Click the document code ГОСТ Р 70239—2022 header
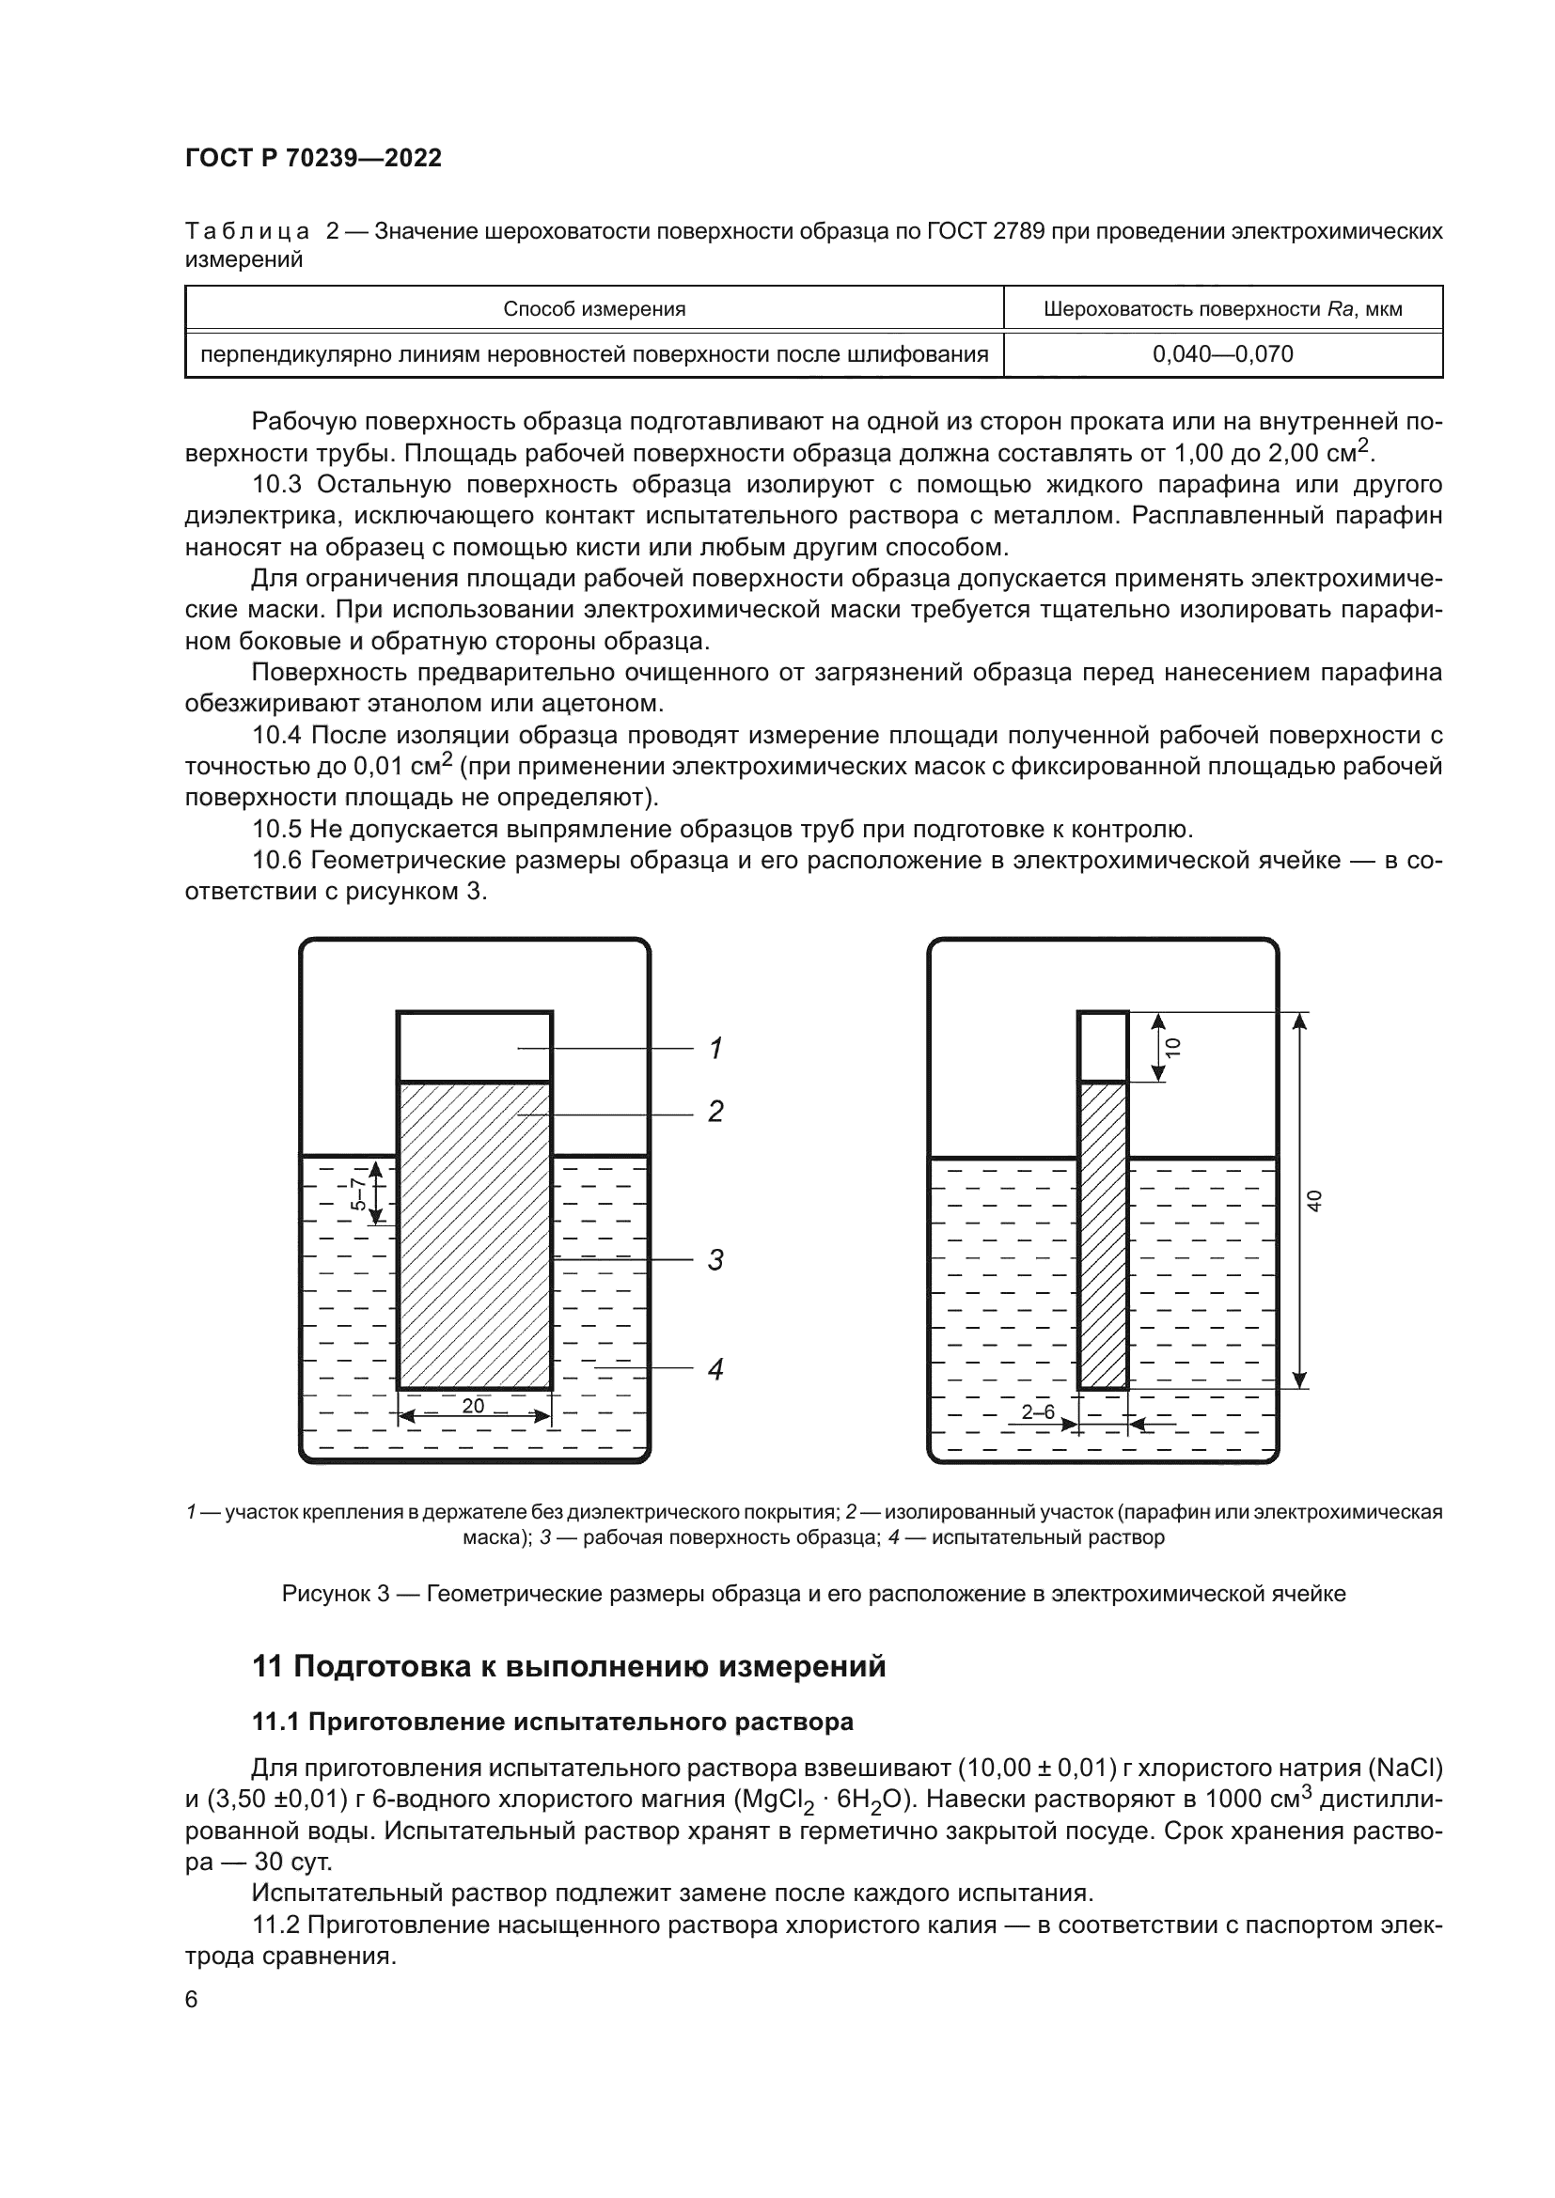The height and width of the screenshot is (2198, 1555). click(313, 158)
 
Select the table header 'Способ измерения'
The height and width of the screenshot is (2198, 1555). click(593, 309)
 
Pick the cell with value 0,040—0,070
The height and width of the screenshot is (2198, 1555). click(1222, 354)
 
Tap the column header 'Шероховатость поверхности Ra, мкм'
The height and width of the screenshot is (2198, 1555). click(1222, 309)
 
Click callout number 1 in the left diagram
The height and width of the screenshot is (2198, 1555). click(715, 1050)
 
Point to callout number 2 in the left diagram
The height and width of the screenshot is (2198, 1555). click(715, 1112)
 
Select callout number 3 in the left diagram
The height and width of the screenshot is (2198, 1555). click(715, 1260)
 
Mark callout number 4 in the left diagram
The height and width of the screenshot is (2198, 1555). click(715, 1370)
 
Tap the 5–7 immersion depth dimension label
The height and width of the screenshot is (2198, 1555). click(357, 1193)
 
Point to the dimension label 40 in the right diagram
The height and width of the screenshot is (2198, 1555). click(1314, 1200)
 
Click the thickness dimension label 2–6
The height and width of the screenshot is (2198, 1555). click(1038, 1412)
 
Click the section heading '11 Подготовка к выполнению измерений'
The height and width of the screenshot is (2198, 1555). click(569, 1667)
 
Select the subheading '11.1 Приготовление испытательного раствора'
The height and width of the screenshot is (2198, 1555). click(553, 1723)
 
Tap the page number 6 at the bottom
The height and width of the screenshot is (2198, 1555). click(192, 2000)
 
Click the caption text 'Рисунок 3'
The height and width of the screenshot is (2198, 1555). click(335, 1594)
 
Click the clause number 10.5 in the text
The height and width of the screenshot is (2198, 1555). click(276, 829)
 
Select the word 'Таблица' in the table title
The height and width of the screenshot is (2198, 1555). click(247, 232)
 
